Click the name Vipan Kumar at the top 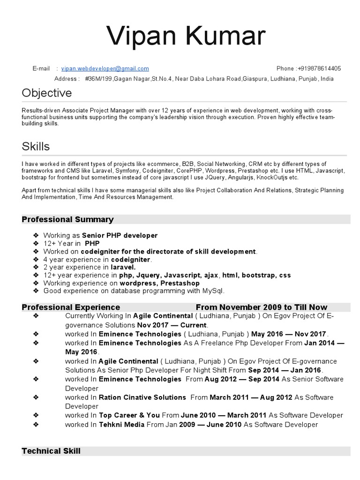(x=186, y=37)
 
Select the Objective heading (x=47, y=93)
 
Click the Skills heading (x=36, y=146)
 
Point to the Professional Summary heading (x=68, y=219)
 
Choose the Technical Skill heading (x=51, y=451)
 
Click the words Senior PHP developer (x=120, y=235)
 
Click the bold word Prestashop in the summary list (x=180, y=283)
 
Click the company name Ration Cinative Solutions (x=142, y=397)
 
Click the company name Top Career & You (x=129, y=415)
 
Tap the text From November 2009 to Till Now (x=262, y=307)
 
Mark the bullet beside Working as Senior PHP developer (x=36, y=235)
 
